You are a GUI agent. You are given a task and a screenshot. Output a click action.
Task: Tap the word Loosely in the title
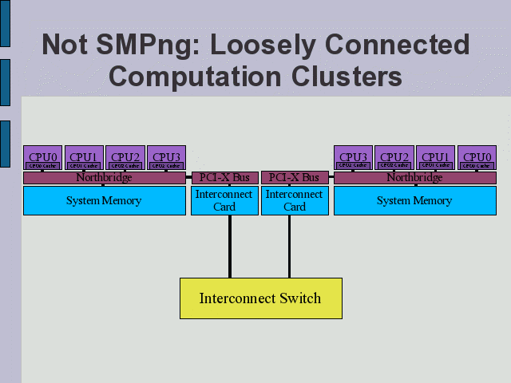(x=280, y=45)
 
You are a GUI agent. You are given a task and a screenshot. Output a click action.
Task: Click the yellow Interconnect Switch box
(x=260, y=298)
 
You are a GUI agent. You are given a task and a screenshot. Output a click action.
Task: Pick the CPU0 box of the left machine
(x=42, y=158)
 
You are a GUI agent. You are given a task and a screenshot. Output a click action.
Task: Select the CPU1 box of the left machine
(x=83, y=158)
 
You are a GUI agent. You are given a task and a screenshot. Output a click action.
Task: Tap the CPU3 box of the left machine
(x=166, y=158)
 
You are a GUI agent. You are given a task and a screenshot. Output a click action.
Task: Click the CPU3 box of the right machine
(x=353, y=158)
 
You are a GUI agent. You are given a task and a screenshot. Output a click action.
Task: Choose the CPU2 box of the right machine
(x=394, y=158)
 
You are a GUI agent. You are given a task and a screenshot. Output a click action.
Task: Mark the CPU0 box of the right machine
(x=477, y=158)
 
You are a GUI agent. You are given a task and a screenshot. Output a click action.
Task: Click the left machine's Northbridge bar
(x=104, y=178)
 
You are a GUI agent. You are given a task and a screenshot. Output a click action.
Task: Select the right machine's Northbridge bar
(x=414, y=178)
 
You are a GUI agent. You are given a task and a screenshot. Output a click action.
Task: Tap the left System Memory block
(x=104, y=200)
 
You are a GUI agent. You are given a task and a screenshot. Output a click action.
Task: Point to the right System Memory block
(x=414, y=200)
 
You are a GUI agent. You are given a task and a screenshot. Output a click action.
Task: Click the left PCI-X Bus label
(x=224, y=178)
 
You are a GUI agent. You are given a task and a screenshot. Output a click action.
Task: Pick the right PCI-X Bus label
(x=294, y=178)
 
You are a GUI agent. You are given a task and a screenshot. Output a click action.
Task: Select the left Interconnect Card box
(x=224, y=200)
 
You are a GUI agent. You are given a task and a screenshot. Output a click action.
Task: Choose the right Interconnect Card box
(x=294, y=200)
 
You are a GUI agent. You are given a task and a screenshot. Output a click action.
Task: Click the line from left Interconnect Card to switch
(x=230, y=247)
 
